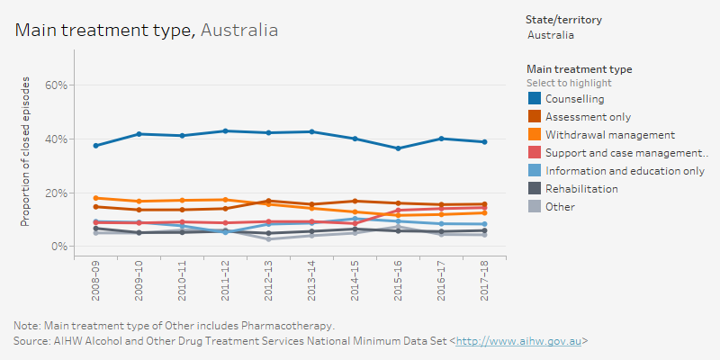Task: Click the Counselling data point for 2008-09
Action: tap(95, 146)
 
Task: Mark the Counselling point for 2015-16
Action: tap(398, 148)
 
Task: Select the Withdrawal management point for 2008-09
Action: tap(95, 198)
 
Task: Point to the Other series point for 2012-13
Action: tap(268, 239)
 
